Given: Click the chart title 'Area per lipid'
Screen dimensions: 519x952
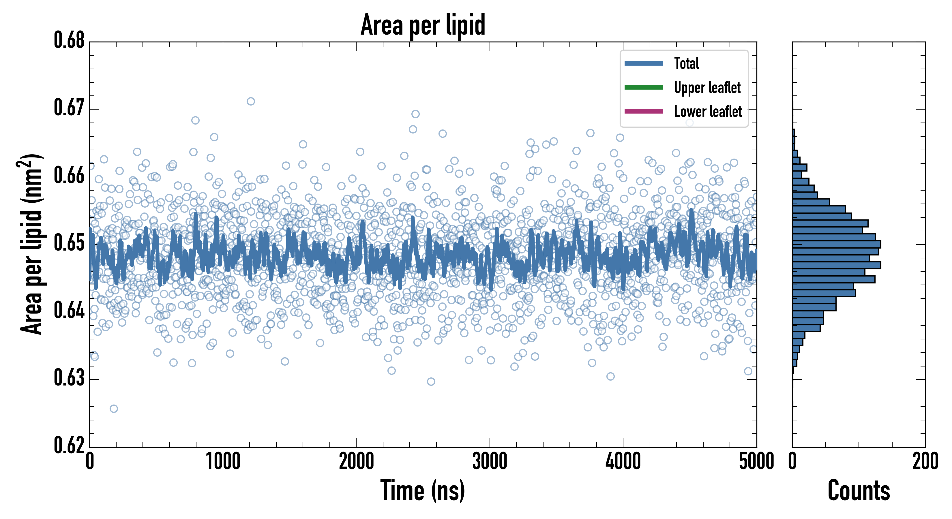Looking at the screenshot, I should pyautogui.click(x=423, y=25).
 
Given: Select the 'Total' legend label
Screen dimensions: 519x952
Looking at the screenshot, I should pyautogui.click(x=686, y=63).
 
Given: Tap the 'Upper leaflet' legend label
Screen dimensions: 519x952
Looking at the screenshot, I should pyautogui.click(x=707, y=88).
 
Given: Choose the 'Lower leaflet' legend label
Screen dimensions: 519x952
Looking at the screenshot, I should pyautogui.click(x=708, y=111).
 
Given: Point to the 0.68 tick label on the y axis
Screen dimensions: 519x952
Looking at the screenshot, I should pyautogui.click(x=69, y=40).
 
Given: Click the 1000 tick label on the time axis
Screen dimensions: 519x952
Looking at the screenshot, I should pyautogui.click(x=223, y=462).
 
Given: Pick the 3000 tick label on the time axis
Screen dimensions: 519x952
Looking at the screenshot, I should pyautogui.click(x=490, y=462).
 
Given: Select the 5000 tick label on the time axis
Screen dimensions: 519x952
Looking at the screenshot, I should pyautogui.click(x=756, y=462).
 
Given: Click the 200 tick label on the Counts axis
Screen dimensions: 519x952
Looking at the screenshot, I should pyautogui.click(x=925, y=462).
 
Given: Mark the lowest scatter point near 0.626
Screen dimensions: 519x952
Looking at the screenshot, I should pyautogui.click(x=114, y=409).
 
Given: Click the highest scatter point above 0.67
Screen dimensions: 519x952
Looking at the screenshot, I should pyautogui.click(x=251, y=101).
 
